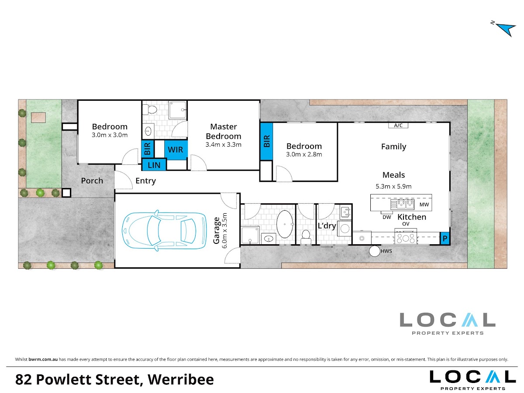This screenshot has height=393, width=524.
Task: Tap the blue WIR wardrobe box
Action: click(176, 150)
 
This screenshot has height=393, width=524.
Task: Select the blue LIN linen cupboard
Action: click(154, 165)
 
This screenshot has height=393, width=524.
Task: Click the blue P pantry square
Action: click(445, 238)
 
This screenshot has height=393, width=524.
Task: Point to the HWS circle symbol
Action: click(375, 251)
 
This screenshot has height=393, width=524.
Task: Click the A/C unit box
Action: click(398, 126)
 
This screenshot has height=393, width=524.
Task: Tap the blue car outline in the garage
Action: click(164, 230)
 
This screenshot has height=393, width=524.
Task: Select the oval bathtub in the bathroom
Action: click(285, 224)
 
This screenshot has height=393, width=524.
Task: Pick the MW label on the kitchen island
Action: click(424, 205)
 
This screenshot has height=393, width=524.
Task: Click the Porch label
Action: click(92, 181)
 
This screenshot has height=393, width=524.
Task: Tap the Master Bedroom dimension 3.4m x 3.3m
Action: click(224, 144)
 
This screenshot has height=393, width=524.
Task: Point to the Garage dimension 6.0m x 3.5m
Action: click(224, 231)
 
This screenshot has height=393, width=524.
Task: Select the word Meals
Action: click(393, 175)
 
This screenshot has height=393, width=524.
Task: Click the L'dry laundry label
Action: click(327, 226)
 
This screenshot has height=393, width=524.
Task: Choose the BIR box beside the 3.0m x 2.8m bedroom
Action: click(267, 141)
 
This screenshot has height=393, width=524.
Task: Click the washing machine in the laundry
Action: click(345, 229)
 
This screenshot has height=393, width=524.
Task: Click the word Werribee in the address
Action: click(181, 379)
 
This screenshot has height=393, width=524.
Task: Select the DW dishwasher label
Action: click(387, 217)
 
